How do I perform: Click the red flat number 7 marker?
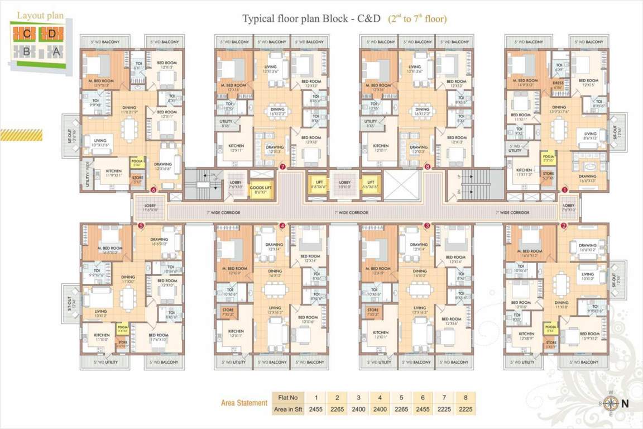(x=283, y=166)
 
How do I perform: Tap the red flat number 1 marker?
(x=564, y=189)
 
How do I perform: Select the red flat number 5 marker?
(x=141, y=226)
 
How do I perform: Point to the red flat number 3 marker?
(x=427, y=226)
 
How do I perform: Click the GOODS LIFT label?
(x=261, y=189)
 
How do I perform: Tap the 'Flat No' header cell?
(x=289, y=398)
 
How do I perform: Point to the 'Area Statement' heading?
(x=244, y=402)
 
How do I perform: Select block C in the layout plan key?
(x=27, y=34)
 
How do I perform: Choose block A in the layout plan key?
(x=55, y=51)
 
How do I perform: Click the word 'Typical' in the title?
(x=258, y=18)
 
